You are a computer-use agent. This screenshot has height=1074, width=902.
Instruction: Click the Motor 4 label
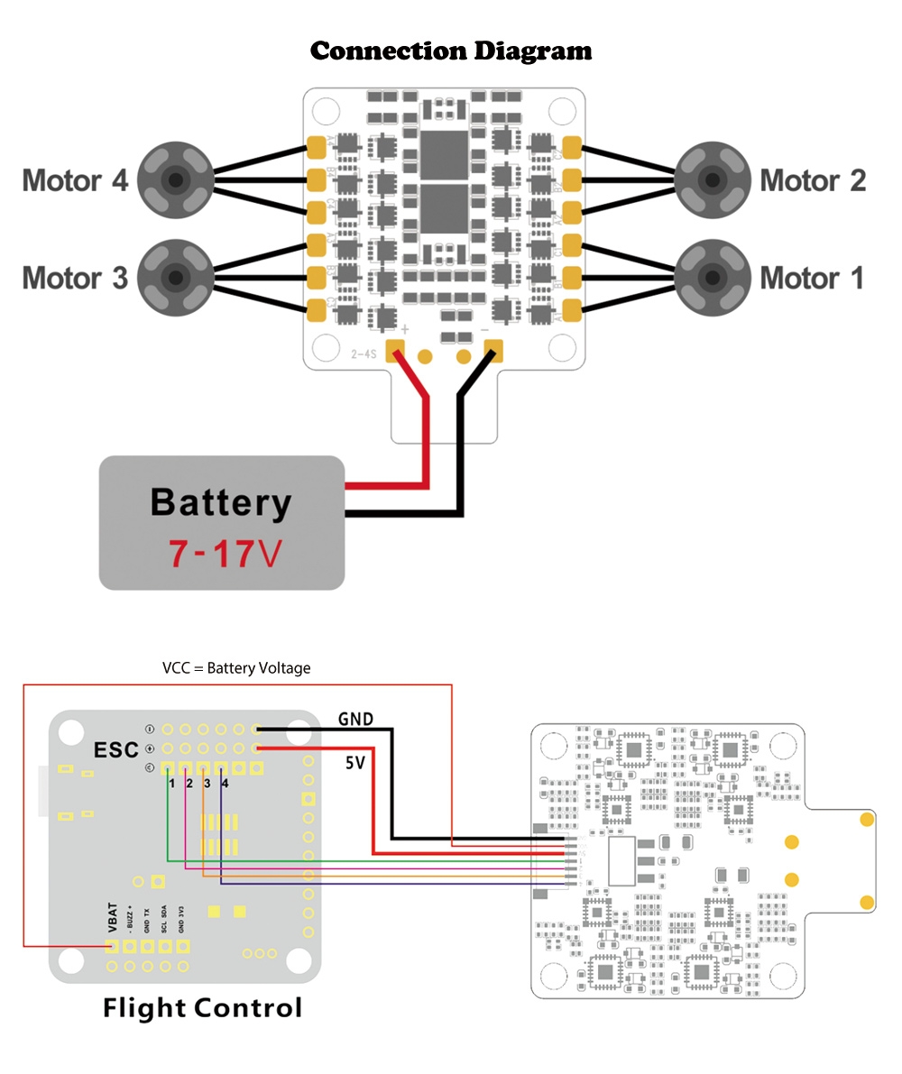pyautogui.click(x=75, y=180)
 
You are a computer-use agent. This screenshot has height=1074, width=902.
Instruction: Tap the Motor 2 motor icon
pyautogui.click(x=713, y=180)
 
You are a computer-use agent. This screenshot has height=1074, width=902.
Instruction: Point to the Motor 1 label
pyautogui.click(x=812, y=278)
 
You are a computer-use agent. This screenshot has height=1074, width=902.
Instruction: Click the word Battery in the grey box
pyautogui.click(x=221, y=502)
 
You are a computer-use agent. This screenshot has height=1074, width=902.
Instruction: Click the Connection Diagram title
pyautogui.click(x=451, y=50)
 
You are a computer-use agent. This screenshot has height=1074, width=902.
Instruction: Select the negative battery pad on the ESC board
pyautogui.click(x=492, y=350)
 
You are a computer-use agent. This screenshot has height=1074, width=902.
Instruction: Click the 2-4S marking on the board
pyautogui.click(x=363, y=354)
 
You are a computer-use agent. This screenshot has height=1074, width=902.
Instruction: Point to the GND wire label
pyautogui.click(x=355, y=720)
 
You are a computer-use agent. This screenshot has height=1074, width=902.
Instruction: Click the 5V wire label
pyautogui.click(x=355, y=763)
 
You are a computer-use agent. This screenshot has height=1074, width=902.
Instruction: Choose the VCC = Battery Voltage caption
pyautogui.click(x=236, y=668)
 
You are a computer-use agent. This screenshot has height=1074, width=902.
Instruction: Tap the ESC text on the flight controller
pyautogui.click(x=116, y=750)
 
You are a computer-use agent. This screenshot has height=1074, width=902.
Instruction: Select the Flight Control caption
pyautogui.click(x=202, y=1007)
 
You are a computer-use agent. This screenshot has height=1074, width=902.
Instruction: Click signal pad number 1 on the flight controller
pyautogui.click(x=168, y=770)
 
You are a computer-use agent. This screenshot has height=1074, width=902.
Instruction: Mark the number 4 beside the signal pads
pyautogui.click(x=225, y=785)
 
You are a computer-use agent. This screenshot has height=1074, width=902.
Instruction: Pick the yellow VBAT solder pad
pyautogui.click(x=113, y=947)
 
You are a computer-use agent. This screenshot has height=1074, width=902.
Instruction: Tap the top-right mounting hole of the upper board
pyautogui.click(x=562, y=110)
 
